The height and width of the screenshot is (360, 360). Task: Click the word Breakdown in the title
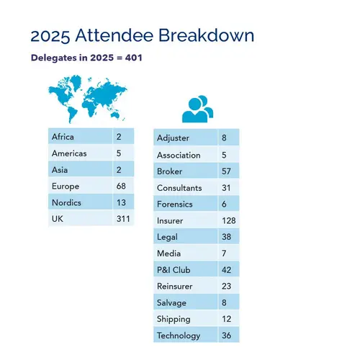[x=206, y=35]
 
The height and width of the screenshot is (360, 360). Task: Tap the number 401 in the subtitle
[x=134, y=58]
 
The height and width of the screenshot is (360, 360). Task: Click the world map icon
[x=88, y=99]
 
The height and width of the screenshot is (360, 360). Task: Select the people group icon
[x=197, y=109]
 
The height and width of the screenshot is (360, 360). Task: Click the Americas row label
[x=69, y=153]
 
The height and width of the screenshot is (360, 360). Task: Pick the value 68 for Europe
[x=121, y=186]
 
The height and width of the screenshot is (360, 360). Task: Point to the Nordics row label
[x=66, y=203]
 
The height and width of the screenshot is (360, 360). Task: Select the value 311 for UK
[x=123, y=219]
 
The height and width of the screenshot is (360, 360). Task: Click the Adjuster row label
[x=173, y=138]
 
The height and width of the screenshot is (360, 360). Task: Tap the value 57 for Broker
[x=226, y=171]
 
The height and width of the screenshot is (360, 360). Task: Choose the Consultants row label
[x=179, y=188]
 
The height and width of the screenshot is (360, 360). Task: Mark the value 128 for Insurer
[x=229, y=220]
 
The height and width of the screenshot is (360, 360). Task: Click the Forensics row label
[x=175, y=204]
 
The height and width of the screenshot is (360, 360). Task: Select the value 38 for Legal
[x=226, y=237]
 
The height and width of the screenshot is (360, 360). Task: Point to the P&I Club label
[x=174, y=270]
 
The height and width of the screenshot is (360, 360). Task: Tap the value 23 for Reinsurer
[x=226, y=287]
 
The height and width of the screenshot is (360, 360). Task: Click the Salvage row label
[x=171, y=303]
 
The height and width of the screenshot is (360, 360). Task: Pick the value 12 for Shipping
[x=226, y=319]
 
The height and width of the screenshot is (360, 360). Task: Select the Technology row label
[x=179, y=336]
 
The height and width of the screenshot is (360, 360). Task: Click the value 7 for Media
[x=224, y=253]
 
